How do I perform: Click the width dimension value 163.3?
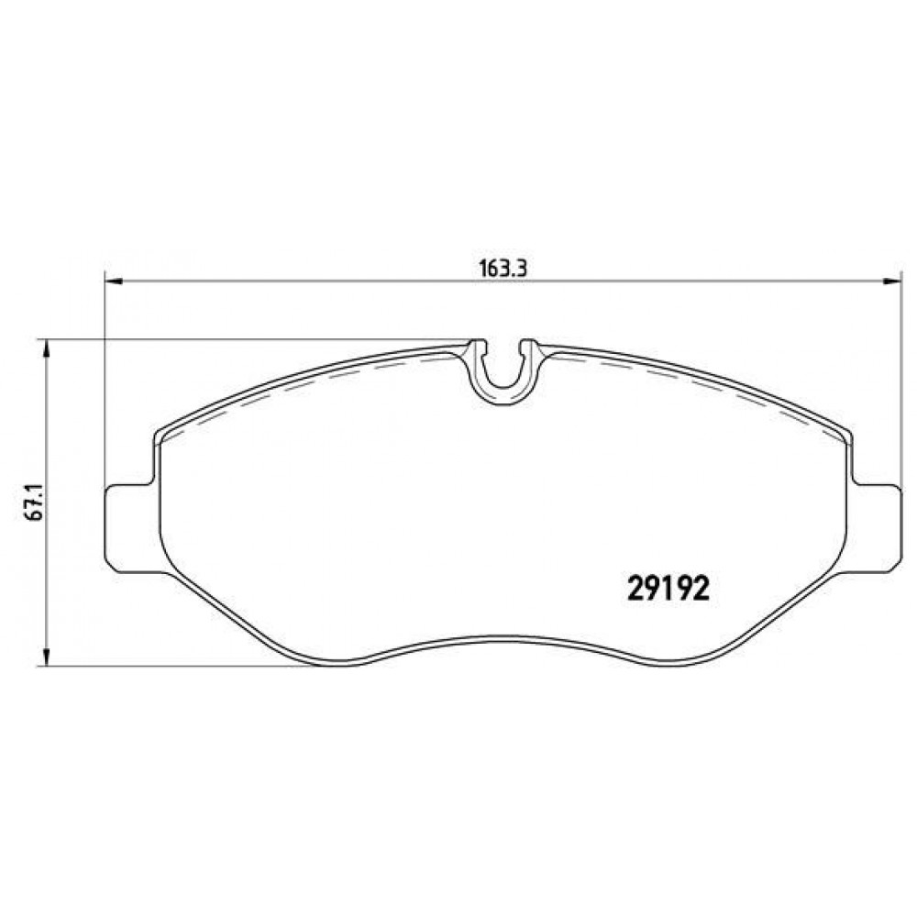(x=503, y=269)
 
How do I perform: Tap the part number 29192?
(x=668, y=589)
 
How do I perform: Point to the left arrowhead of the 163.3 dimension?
(x=114, y=282)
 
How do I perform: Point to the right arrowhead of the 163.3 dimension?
(x=892, y=282)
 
